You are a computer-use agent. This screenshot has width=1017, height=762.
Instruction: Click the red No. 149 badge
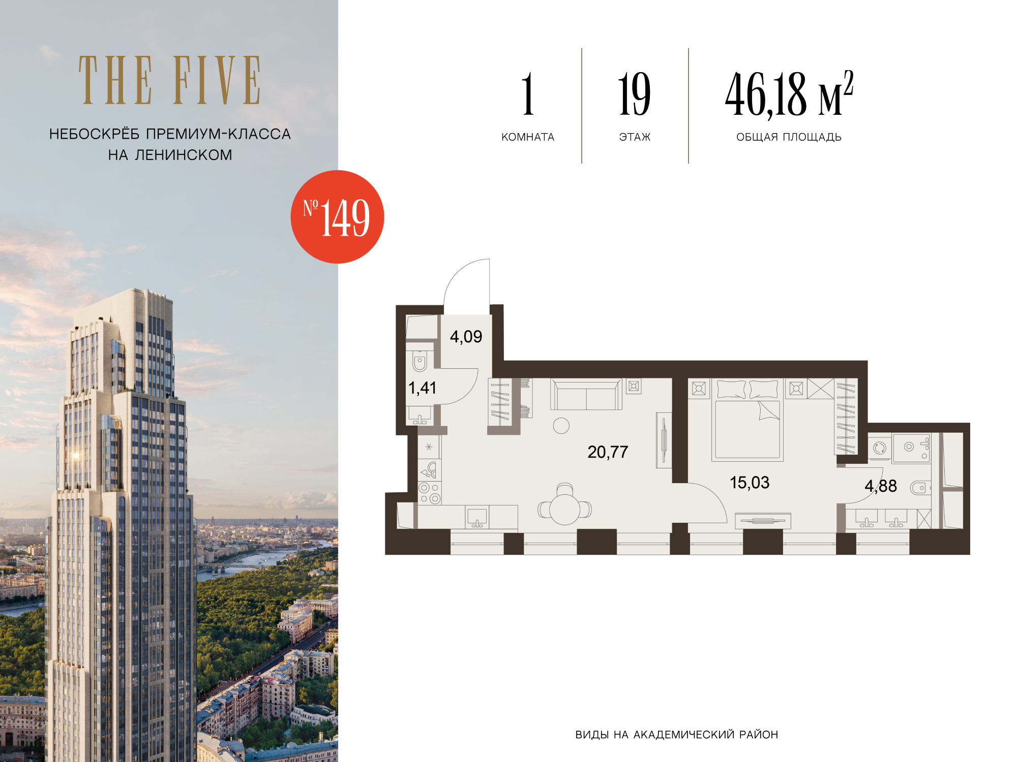(337, 217)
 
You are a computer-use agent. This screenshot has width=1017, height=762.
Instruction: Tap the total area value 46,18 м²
(789, 94)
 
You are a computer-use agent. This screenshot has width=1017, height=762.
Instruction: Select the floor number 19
(634, 94)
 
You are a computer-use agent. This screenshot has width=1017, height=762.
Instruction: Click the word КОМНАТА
(528, 137)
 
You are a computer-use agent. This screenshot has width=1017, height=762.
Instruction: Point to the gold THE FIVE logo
(170, 80)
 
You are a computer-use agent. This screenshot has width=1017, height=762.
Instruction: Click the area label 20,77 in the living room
(608, 452)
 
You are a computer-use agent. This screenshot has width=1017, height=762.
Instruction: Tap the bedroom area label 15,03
(750, 482)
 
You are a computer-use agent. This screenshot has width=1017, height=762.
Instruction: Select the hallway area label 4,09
(466, 336)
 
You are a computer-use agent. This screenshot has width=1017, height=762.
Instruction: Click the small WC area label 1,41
(422, 388)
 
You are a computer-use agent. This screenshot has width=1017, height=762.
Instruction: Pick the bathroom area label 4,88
(881, 486)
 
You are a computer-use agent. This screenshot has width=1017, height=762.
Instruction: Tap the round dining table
(565, 509)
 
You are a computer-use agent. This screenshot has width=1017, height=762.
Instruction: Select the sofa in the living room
(586, 394)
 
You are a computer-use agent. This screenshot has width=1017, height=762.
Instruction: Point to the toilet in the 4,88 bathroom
(920, 488)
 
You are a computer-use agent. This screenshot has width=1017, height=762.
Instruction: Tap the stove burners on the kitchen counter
(430, 493)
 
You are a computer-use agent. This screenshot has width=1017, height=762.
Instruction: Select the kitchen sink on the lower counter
(477, 518)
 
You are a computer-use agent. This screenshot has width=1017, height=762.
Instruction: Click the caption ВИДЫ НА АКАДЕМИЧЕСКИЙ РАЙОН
(676, 735)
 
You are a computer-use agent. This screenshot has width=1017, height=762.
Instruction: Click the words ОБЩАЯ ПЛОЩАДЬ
(789, 137)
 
